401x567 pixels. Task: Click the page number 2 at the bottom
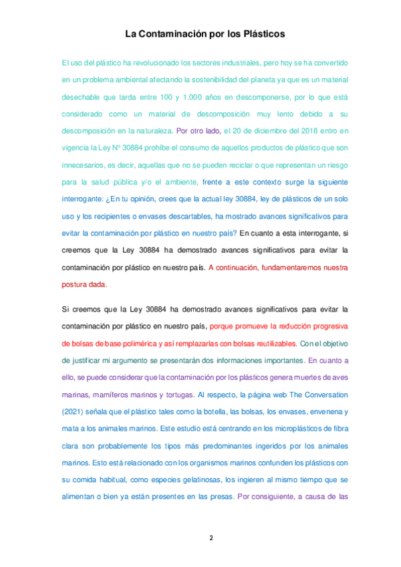(x=211, y=537)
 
